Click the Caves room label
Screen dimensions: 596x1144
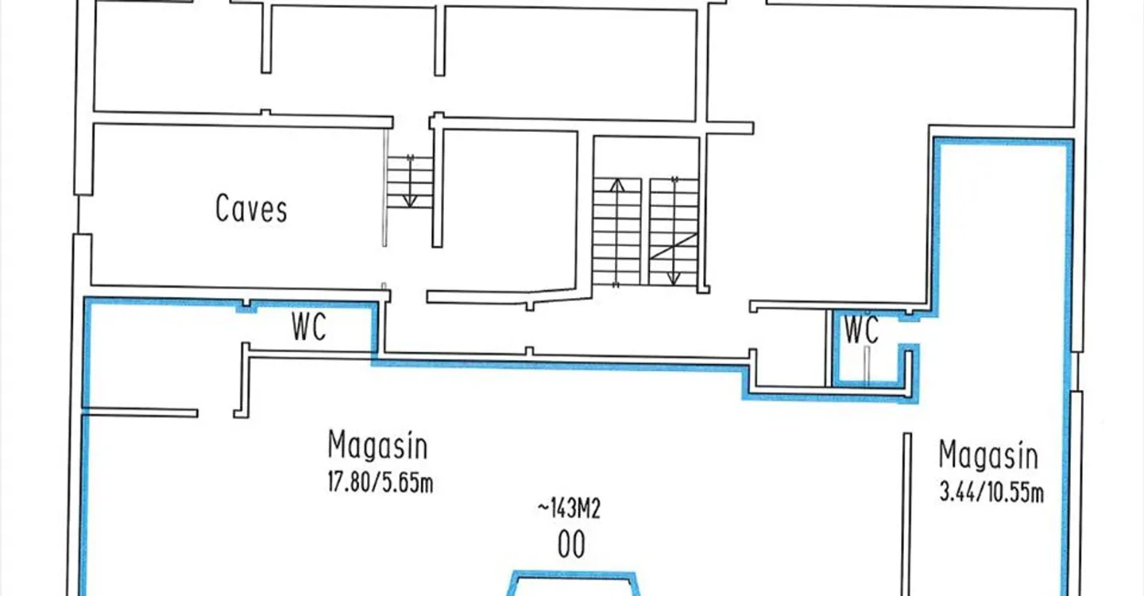click(251, 208)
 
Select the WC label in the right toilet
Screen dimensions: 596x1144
click(861, 330)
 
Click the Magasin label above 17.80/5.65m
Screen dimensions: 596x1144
click(377, 445)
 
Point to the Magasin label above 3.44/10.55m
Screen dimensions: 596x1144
click(988, 455)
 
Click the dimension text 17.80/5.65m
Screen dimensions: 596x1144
click(381, 482)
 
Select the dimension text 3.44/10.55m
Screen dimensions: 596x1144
click(991, 493)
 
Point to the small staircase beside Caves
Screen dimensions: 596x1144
click(410, 182)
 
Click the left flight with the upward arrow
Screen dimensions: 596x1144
click(616, 231)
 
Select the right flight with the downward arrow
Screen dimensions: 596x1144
click(673, 231)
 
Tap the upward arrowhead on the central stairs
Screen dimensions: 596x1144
click(616, 186)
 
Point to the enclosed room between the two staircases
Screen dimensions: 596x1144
click(509, 211)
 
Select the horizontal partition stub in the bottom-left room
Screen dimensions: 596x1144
click(140, 412)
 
